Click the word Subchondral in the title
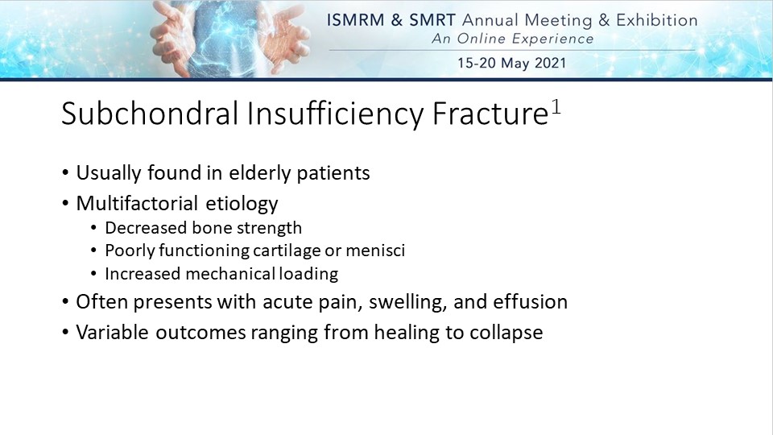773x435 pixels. point(150,114)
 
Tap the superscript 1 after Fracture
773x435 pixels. point(556,106)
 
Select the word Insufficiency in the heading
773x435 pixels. point(335,114)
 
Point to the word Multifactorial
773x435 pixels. point(137,203)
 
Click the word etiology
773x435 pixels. point(242,204)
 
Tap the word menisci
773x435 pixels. point(375,251)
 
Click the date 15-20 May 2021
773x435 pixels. point(512,63)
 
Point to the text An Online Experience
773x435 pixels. point(513,39)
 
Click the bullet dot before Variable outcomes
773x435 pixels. point(65,333)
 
